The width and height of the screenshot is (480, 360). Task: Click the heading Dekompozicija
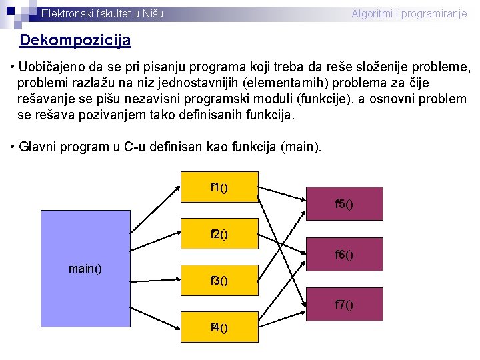pos(75,41)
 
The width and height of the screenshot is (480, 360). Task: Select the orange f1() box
pos(219,187)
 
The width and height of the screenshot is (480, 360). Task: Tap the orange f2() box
pos(219,234)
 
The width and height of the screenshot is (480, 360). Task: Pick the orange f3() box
pos(219,281)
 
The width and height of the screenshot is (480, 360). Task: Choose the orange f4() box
pos(219,327)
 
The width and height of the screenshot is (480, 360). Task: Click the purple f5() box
pos(344,203)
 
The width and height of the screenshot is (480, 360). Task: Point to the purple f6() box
pos(344,254)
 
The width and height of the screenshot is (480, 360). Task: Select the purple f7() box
pos(344,305)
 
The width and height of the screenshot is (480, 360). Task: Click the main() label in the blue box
pos(85,269)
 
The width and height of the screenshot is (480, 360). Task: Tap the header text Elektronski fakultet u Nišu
pos(102,13)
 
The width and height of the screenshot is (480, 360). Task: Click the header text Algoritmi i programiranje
pos(409,13)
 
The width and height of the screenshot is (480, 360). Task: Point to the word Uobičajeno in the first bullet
pos(51,67)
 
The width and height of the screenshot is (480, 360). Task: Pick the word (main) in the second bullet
pos(301,147)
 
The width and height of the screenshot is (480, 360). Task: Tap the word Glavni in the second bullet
pos(38,147)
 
